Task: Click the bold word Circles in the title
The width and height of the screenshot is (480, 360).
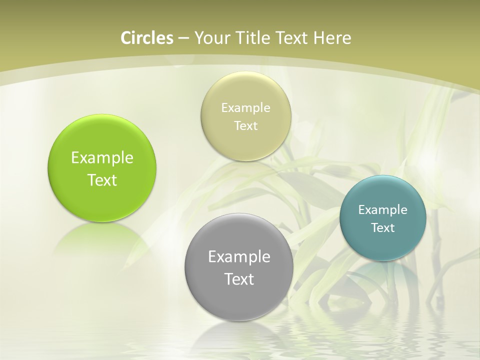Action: [x=147, y=38]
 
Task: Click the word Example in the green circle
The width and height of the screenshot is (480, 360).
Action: [x=102, y=158]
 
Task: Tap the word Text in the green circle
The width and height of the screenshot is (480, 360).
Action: [x=102, y=180]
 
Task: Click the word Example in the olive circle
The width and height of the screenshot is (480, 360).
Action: [x=246, y=108]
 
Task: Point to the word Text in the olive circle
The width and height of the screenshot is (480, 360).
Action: [x=246, y=126]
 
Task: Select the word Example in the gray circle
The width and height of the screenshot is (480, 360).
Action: [x=239, y=257]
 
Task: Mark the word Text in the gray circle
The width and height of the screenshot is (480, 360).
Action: [x=239, y=279]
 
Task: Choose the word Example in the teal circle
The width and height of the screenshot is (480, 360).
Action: [x=383, y=209]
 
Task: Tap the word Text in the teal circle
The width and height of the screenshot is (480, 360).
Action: [x=383, y=228]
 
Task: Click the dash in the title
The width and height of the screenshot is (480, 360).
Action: [x=183, y=38]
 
